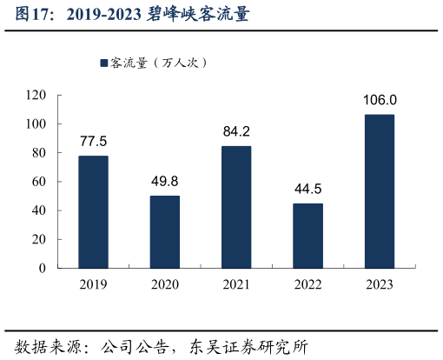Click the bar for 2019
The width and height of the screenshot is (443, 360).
point(94,212)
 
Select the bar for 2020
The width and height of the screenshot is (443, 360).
point(165,232)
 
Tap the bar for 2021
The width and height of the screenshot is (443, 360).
point(236,207)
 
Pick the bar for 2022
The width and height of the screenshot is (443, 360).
point(307,236)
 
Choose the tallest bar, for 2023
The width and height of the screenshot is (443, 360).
point(379,191)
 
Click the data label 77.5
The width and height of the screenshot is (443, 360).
point(94,139)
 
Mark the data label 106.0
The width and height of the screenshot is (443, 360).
point(379,99)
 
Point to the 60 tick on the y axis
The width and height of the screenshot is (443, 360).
point(39,182)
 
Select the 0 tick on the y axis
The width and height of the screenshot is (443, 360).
point(42,268)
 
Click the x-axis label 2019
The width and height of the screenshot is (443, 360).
point(94,284)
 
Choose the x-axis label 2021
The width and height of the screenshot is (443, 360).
point(236,284)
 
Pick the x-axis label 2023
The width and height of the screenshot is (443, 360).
point(379,284)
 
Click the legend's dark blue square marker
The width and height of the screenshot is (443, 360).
point(103,63)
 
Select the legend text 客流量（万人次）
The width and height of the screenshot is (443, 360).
point(157,63)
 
